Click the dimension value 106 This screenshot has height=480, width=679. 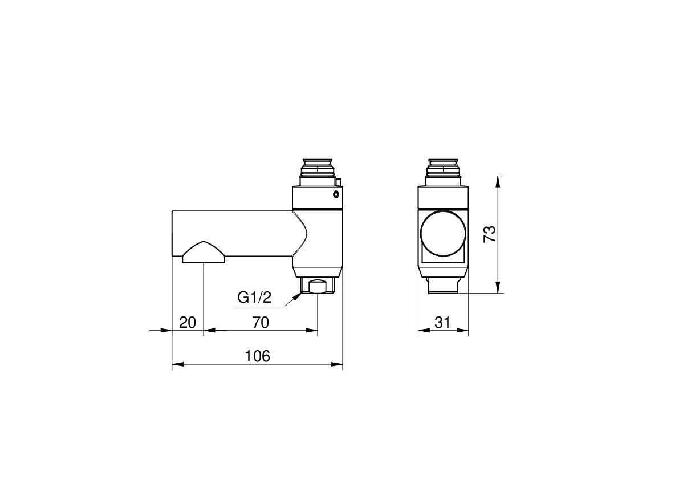[x=257, y=356]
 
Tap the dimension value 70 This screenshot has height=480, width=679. [x=261, y=323]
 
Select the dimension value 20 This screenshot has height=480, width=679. [x=188, y=323]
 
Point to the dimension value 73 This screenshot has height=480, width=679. [x=490, y=234]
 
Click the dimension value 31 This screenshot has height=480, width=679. [x=442, y=323]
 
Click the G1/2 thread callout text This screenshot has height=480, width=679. [x=254, y=298]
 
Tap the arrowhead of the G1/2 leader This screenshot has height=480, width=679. [x=296, y=296]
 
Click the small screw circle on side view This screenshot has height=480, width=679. [x=336, y=194]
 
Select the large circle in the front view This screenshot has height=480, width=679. [x=443, y=234]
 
